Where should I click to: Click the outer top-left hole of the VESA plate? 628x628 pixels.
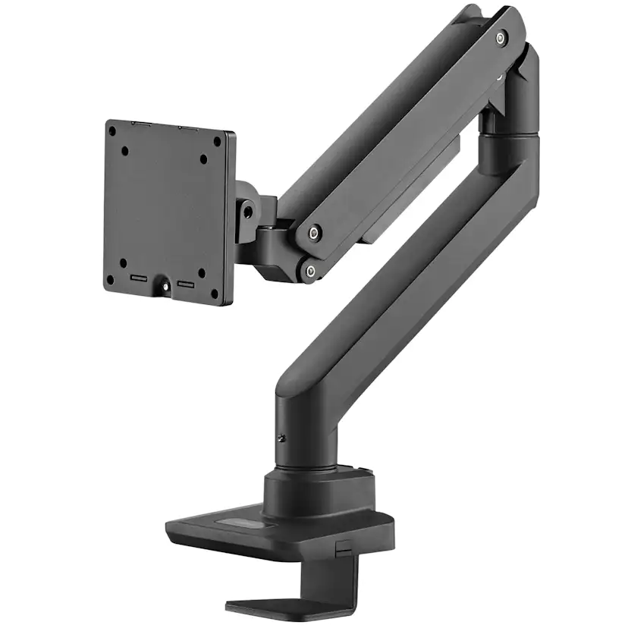point(111,130)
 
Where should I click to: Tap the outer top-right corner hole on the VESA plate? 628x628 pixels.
point(218,141)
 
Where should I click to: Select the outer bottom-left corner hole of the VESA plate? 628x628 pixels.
point(110,279)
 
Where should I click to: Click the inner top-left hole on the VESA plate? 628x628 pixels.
point(124,149)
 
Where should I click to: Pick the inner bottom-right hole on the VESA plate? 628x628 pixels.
point(201,272)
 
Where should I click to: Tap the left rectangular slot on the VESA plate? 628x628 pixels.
point(139,278)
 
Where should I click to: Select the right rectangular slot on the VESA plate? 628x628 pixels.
point(186,284)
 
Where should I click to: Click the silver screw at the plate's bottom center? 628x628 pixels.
point(162,287)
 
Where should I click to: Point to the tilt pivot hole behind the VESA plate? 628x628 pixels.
point(245,212)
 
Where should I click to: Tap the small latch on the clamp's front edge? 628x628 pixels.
point(343,547)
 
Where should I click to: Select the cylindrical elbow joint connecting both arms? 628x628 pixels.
point(510,144)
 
